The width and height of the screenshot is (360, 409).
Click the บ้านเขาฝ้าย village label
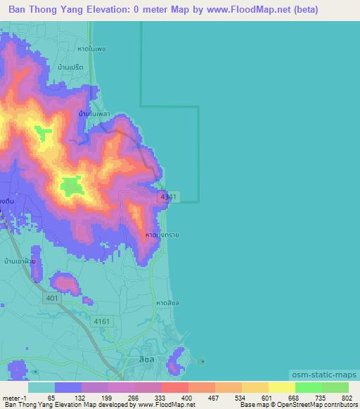20,261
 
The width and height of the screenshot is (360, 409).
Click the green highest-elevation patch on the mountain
70,186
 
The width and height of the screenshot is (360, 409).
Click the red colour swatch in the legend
174,387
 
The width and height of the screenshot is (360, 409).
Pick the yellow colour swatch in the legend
281,387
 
